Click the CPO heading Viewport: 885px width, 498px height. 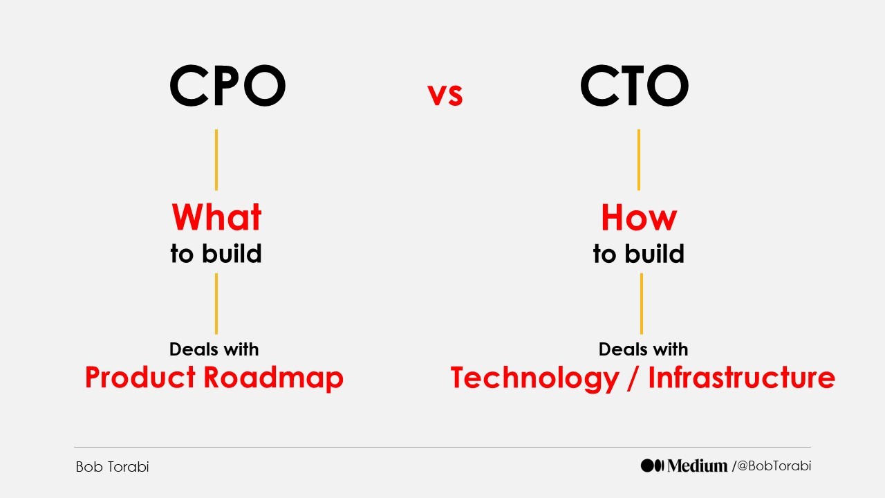[x=227, y=87]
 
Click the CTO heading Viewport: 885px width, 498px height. [x=634, y=87]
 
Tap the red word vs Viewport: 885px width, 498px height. [x=445, y=95]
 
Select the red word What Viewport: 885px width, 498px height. [x=216, y=217]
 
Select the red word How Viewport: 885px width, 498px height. [x=639, y=217]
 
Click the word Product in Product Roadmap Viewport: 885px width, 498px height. [x=140, y=378]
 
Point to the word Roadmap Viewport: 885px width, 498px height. [x=274, y=378]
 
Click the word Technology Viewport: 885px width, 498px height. [x=534, y=378]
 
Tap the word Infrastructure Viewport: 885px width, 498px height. [x=742, y=378]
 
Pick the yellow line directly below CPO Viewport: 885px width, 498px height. [x=216, y=160]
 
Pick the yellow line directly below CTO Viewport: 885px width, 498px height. [x=638, y=160]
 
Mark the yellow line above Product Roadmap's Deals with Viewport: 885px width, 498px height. [x=216, y=304]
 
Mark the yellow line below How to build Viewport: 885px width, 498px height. [x=641, y=304]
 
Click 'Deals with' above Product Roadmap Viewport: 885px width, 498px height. [x=214, y=349]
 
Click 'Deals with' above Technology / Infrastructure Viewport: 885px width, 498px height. [x=643, y=349]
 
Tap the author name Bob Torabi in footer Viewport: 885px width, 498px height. [x=112, y=467]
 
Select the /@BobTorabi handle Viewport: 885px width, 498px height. [x=772, y=466]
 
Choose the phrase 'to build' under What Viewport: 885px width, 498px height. [x=216, y=254]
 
